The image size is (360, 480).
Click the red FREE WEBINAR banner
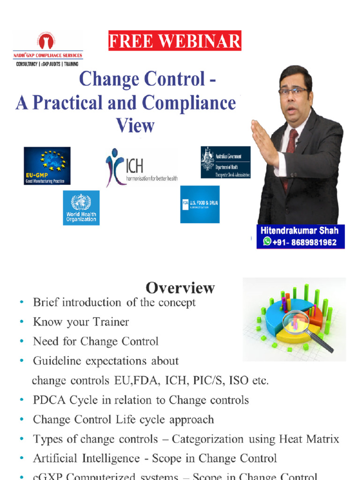click(175, 41)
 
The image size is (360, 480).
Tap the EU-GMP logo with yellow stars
click(47, 165)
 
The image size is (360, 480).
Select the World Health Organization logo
click(81, 208)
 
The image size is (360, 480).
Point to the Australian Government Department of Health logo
click(225, 162)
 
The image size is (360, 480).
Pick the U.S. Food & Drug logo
click(200, 204)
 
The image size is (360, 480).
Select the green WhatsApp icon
click(267, 241)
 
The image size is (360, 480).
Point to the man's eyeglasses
click(293, 91)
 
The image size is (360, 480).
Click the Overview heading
click(180, 287)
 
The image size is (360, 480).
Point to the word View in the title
click(135, 125)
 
